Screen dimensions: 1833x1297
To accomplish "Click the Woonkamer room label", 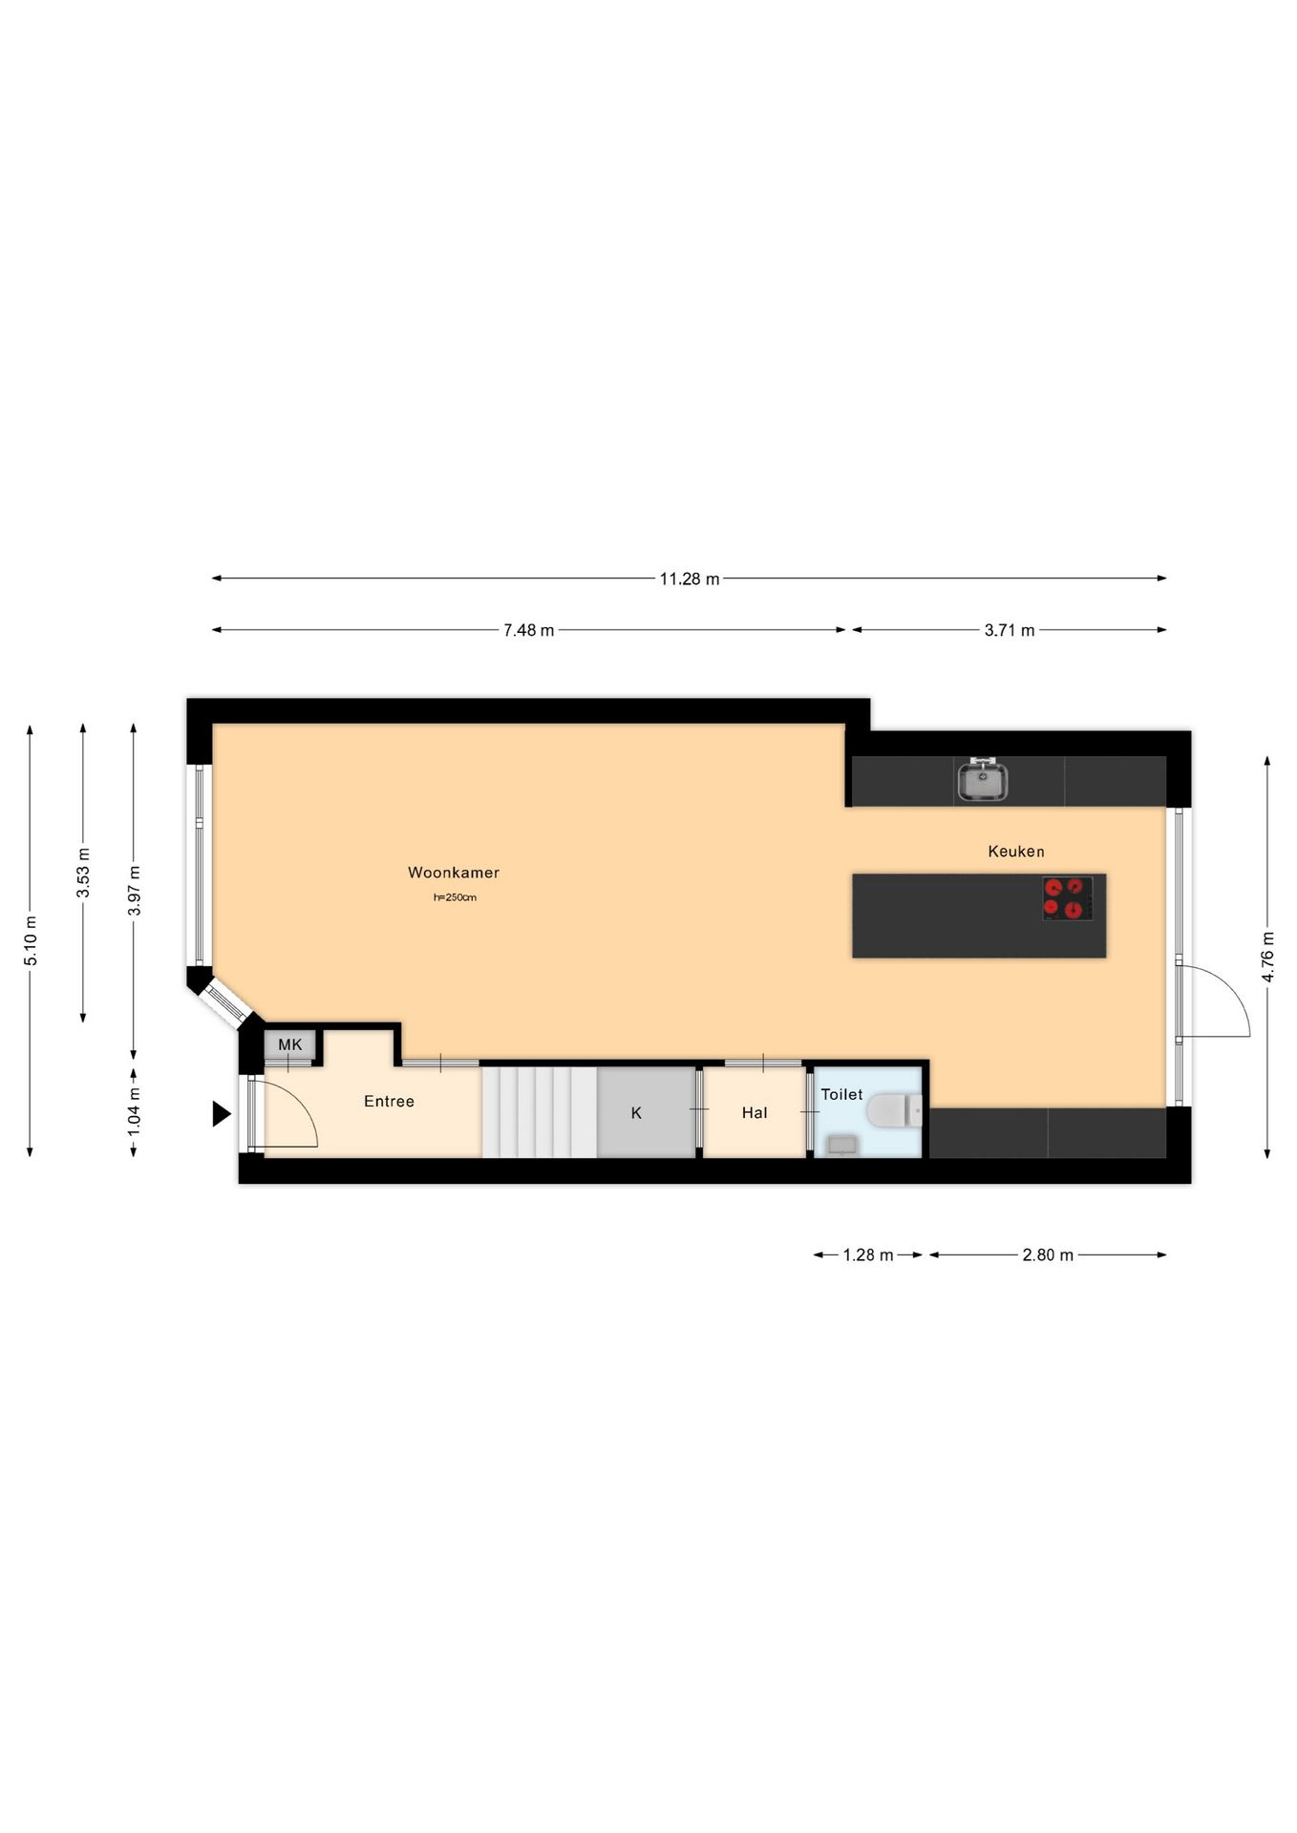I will (453, 872).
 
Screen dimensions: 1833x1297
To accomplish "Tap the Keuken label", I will (1015, 851).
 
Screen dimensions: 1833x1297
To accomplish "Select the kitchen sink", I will (982, 782).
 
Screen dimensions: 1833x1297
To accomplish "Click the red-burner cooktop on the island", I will (1067, 898).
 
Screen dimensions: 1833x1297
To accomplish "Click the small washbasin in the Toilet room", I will (842, 1144).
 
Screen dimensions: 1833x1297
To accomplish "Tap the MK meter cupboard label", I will (289, 1044).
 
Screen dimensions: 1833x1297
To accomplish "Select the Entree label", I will (389, 1101).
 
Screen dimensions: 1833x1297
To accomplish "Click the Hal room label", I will (754, 1112).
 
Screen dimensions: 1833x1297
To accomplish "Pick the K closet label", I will (636, 1112).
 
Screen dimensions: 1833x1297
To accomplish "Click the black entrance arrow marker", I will (221, 1113).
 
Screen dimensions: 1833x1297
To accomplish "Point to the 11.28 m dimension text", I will (689, 579).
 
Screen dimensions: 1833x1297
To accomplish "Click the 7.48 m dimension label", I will (528, 630).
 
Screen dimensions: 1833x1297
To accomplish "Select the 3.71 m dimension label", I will (1009, 630).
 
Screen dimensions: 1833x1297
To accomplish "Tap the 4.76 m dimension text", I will (1267, 956).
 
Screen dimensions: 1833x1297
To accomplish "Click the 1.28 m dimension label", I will (867, 1254).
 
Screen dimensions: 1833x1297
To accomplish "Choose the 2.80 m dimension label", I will (1047, 1254).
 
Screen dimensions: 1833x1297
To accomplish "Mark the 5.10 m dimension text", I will (31, 939).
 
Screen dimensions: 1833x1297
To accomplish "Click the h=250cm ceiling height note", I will (455, 897).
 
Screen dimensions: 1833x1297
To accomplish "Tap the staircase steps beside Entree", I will (539, 1112).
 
